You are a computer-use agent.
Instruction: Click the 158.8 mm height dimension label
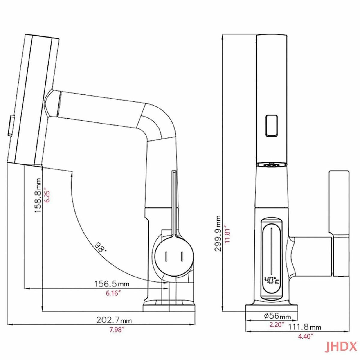click(x=38, y=195)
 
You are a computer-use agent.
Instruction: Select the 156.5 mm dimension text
click(x=112, y=284)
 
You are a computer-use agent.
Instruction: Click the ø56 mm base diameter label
click(x=277, y=316)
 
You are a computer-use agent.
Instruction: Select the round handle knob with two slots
click(x=174, y=256)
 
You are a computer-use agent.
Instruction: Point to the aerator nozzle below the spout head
click(x=271, y=165)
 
